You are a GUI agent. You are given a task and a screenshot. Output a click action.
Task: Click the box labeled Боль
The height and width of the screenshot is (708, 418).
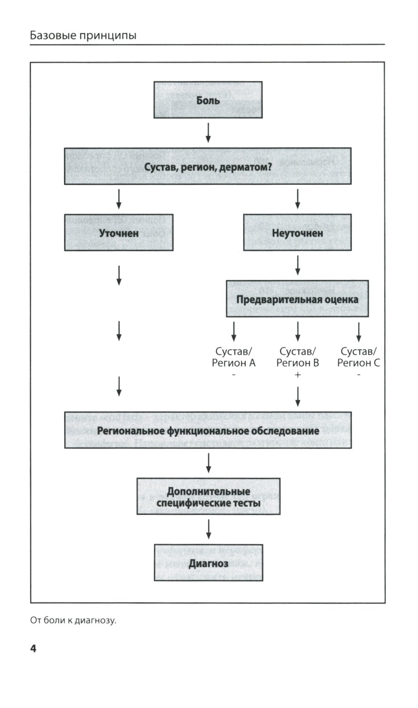coord(208,100)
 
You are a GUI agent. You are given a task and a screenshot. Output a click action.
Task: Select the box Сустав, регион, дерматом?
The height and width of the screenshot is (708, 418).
coord(207,166)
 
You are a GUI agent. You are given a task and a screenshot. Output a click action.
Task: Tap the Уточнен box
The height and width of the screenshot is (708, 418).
coord(119,233)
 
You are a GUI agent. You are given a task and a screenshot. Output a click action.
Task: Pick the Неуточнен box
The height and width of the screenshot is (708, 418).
coord(297,233)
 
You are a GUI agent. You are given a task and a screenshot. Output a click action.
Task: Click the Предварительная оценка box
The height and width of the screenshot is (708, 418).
coord(297,299)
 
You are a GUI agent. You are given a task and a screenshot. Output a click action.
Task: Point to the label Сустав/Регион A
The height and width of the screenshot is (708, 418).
coord(234,357)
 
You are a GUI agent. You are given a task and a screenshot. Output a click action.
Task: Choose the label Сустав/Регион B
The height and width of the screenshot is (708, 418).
coord(298,357)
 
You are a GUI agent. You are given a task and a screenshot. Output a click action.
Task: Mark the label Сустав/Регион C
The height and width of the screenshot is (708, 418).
coord(359,357)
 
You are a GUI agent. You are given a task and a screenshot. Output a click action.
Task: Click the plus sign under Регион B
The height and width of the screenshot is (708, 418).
coord(298,375)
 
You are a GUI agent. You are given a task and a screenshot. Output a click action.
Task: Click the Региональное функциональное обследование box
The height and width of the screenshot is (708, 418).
coord(208,430)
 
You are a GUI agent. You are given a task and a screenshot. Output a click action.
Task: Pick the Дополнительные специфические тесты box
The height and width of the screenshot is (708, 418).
coord(208,497)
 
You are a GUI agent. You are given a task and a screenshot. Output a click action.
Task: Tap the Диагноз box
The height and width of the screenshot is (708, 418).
coord(208,563)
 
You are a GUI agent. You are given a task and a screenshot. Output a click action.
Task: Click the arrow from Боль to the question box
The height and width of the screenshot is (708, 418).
coord(208,132)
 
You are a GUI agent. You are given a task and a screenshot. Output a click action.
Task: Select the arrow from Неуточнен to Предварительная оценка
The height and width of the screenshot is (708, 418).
coord(298,265)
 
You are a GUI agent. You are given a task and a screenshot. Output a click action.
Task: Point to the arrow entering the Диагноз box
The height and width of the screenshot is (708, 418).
coord(208,529)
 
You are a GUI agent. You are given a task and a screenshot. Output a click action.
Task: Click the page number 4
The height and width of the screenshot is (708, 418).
coord(33,649)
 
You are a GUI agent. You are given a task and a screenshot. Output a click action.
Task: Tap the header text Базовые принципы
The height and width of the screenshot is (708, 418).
coord(83,35)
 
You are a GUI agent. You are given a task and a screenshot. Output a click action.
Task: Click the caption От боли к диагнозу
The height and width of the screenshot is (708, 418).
coord(73,620)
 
